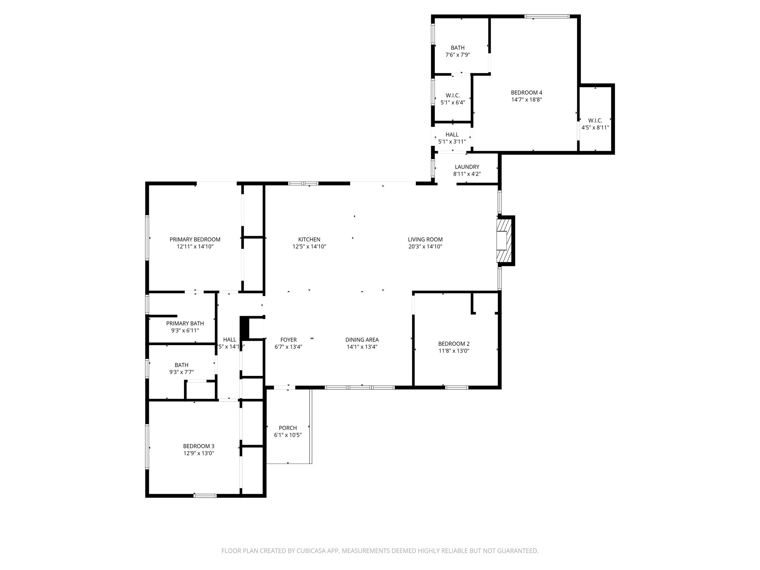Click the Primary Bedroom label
coord(195,240)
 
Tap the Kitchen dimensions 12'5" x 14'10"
coord(309,246)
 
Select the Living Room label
coord(425,240)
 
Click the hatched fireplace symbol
coord(504,240)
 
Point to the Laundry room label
coord(467,167)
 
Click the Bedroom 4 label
coord(526,93)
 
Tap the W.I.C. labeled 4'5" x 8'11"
coord(595,124)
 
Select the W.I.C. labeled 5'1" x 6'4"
coord(453,99)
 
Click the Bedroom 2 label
coord(453,344)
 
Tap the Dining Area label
coord(362,340)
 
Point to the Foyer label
coord(288,340)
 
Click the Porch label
coord(288,428)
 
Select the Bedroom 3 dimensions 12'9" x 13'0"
coord(199,453)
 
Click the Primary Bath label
coord(185,324)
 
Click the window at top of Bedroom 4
coord(547,16)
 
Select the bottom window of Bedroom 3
coord(205,495)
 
